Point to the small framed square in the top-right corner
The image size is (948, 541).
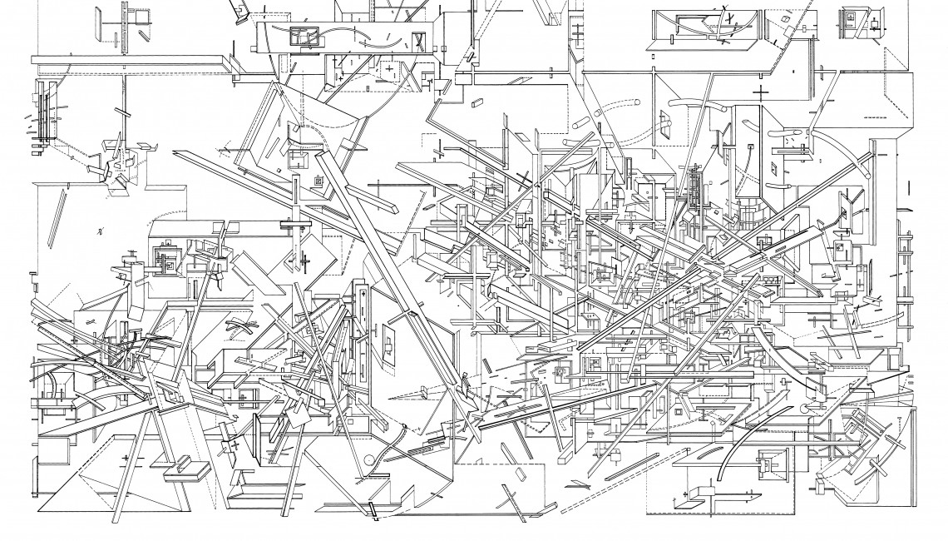tap(850, 18)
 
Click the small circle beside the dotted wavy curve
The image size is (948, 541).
tap(368, 460)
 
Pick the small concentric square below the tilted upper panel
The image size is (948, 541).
tap(317, 181)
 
